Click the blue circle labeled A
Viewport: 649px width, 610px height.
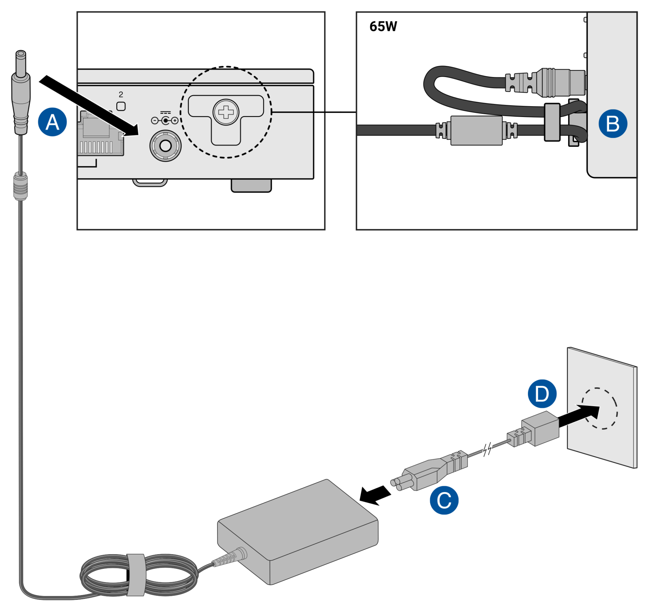52,122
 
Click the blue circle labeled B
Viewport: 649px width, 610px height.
612,123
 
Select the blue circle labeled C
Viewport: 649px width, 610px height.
444,500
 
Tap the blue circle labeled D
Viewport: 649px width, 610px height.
542,394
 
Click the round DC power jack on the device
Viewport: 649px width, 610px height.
165,146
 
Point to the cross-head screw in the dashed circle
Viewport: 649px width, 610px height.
226,112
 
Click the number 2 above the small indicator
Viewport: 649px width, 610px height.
121,94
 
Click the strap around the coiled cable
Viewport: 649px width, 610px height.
136,575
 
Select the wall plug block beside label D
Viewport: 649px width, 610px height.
540,428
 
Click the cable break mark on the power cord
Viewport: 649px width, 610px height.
486,450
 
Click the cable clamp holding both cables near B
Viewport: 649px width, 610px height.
552,122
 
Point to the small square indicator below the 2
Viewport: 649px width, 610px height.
121,106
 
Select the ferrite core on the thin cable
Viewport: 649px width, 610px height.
20,186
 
